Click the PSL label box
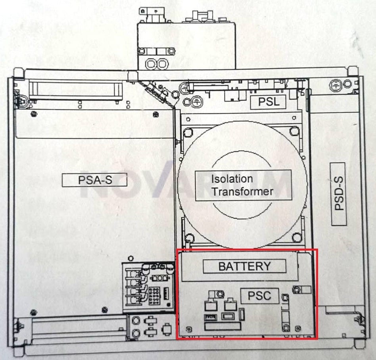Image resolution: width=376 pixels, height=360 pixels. [268, 102]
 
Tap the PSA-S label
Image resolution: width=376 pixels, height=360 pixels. [94, 180]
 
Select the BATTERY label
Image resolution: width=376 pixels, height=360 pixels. [244, 266]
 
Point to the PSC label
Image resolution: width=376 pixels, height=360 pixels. [259, 296]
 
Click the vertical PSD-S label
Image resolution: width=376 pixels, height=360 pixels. [339, 194]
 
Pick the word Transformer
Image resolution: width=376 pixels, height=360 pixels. [242, 191]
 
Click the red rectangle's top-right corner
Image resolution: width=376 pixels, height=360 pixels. [317, 249]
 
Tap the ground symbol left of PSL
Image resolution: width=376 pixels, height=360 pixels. [197, 102]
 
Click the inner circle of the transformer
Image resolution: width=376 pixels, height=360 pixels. [242, 185]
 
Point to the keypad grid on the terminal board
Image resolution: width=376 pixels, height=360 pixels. [155, 296]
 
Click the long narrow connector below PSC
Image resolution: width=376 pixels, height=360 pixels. [223, 326]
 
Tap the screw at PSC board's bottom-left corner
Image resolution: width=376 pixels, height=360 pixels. [189, 329]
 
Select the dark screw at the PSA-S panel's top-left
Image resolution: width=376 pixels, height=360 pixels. [34, 113]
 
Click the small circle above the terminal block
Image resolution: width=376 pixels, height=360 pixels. [131, 259]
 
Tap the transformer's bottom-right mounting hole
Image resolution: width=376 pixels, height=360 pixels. [297, 238]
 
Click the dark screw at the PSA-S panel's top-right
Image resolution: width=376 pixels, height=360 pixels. [156, 115]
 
